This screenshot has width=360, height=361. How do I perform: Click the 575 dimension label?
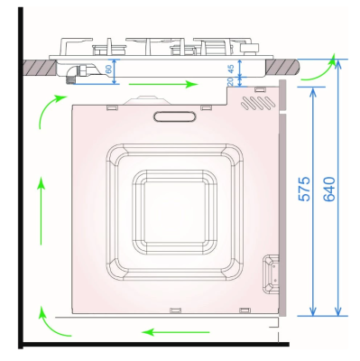304,189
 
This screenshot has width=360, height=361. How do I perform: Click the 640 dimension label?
329,189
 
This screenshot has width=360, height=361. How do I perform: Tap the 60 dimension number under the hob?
108,69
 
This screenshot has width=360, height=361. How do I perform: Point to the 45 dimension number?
231,69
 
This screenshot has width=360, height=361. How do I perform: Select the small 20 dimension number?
230,81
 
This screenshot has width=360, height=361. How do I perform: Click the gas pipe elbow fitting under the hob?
74,74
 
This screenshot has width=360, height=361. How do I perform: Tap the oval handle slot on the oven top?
174,116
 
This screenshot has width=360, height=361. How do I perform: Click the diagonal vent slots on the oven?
258,103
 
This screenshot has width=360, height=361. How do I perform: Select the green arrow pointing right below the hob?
163,84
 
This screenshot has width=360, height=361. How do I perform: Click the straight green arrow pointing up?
41,210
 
